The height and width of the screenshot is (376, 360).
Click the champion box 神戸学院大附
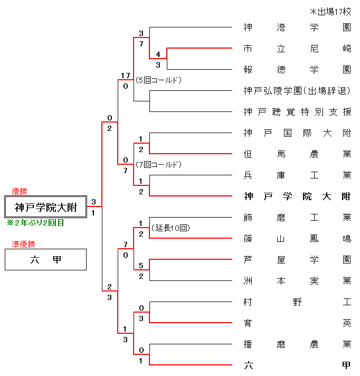coord(45,207)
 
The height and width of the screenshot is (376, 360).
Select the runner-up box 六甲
coord(45,260)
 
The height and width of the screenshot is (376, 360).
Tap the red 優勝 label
coord(20,191)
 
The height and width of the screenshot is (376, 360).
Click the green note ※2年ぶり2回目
coord(35,223)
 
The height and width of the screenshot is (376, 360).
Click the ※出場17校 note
coord(330,12)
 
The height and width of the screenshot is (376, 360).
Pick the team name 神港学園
coord(297,27)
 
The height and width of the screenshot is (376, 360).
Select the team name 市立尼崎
coord(297,48)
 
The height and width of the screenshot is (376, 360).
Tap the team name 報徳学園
coord(297,69)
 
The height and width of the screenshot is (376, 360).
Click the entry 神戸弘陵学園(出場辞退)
coord(297,90)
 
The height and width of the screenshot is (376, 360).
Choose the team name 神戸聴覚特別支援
coord(297,111)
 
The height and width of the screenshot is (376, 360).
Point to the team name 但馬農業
coord(297,154)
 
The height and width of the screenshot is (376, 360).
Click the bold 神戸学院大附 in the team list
coord(297,196)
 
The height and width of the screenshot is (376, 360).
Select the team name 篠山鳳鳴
coord(297,238)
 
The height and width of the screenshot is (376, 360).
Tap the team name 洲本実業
coord(297,280)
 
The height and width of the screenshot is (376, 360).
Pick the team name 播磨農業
coord(297,344)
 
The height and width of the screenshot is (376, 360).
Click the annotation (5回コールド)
coord(158,80)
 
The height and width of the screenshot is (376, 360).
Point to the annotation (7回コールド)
coord(158,165)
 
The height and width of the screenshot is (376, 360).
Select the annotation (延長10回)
coord(170,228)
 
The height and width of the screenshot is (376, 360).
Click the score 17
coord(125,76)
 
